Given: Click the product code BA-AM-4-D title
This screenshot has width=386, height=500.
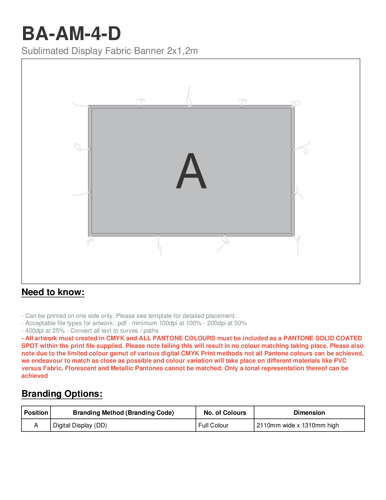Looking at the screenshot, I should [x=71, y=33].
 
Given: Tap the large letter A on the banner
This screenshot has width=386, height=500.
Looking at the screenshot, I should [x=191, y=171].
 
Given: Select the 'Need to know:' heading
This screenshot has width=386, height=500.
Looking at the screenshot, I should [x=53, y=292].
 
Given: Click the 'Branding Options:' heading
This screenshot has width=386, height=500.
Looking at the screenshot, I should [x=62, y=394].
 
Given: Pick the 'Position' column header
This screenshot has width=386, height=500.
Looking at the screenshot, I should [x=36, y=413].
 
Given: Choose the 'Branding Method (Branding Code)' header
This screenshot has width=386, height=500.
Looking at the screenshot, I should [x=123, y=413].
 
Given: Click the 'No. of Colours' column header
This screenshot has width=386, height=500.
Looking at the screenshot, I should [x=225, y=413].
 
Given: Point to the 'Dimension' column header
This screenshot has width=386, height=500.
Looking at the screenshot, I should [x=309, y=413].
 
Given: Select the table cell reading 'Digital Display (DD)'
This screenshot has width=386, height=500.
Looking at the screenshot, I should [x=80, y=425].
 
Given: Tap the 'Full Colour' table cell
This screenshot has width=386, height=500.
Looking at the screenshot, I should [x=213, y=425].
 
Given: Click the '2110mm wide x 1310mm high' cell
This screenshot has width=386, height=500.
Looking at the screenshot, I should [x=298, y=425].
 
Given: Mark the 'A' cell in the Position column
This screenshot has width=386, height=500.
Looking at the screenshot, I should [x=36, y=425].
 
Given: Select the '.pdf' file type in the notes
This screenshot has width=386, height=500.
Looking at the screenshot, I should [x=122, y=323].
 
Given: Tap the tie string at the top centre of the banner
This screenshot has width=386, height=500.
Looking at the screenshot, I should [x=189, y=96].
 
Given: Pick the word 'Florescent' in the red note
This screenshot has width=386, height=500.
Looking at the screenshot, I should [x=80, y=368].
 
